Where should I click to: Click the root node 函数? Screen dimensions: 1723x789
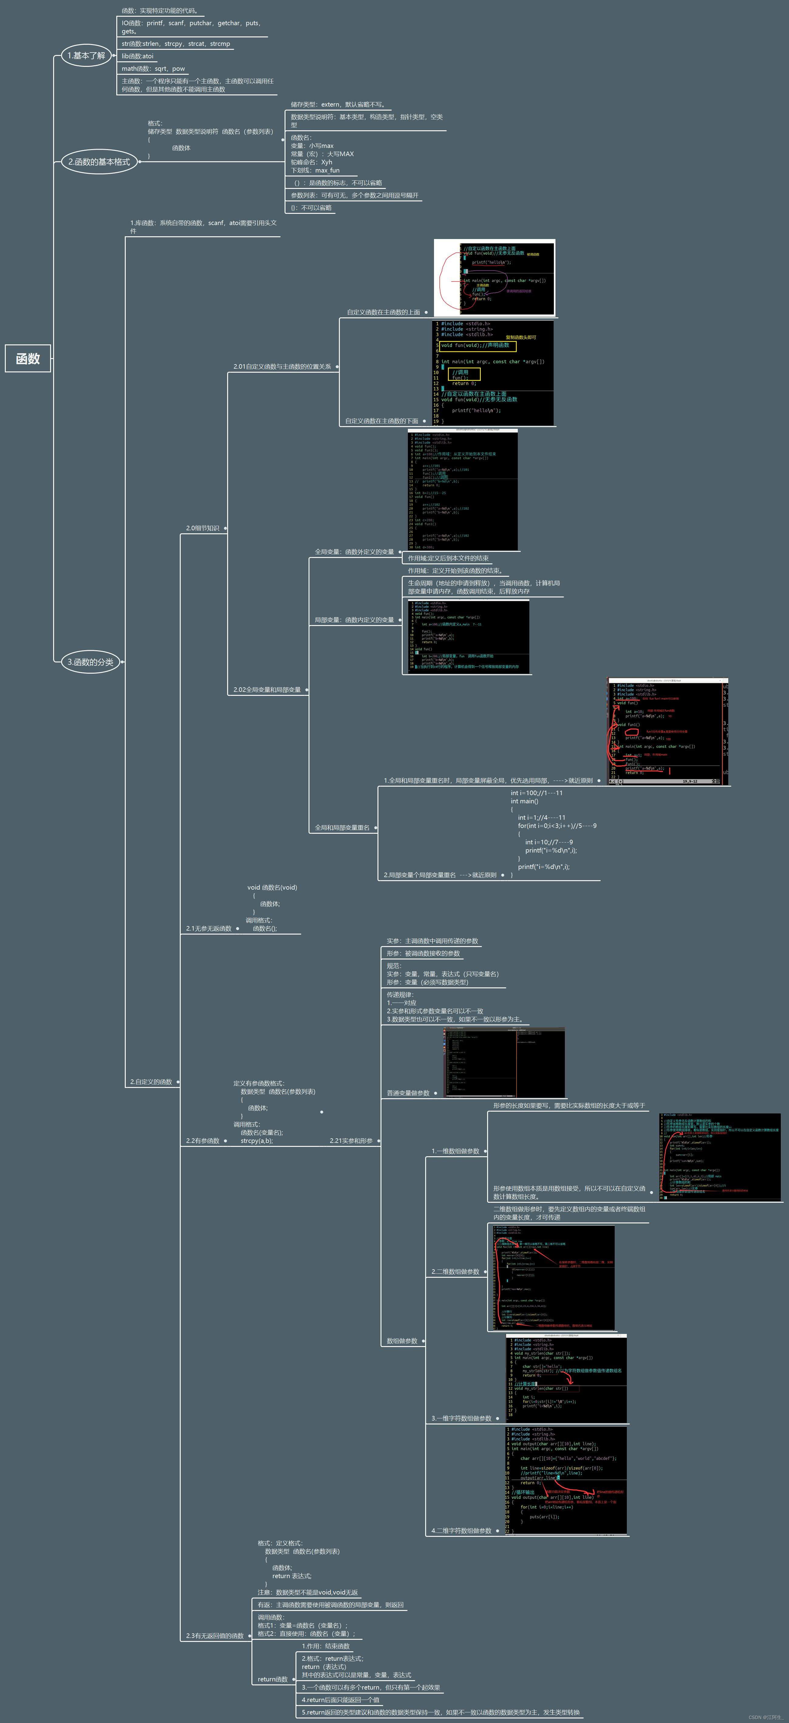click(x=28, y=358)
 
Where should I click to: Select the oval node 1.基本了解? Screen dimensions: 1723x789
click(x=86, y=56)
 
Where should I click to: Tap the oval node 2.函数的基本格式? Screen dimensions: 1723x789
click(x=99, y=162)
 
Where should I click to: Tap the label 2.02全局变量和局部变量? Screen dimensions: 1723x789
click(x=267, y=690)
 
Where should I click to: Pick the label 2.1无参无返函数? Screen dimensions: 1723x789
click(x=209, y=928)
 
